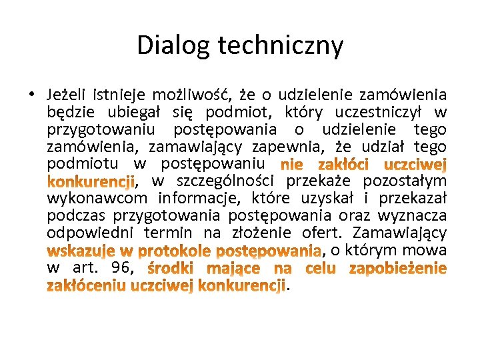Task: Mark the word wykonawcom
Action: click(x=97, y=199)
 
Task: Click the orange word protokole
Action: click(x=173, y=251)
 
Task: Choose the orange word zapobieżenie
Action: click(x=397, y=269)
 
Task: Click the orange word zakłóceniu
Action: click(x=87, y=286)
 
